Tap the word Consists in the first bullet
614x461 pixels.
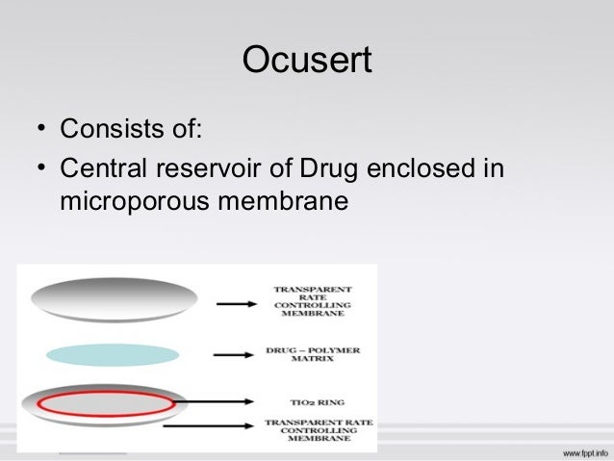pos(106,128)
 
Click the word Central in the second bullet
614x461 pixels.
pos(102,169)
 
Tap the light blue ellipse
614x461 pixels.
pos(112,354)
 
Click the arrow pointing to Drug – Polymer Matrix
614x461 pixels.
pos(233,355)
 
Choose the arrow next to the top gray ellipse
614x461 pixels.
pos(237,302)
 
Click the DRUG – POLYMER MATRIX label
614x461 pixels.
pos(312,355)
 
